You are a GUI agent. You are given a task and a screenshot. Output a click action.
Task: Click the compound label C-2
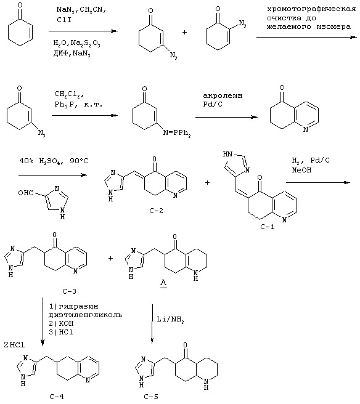click(156, 211)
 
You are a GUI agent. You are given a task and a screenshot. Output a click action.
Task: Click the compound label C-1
click(267, 227)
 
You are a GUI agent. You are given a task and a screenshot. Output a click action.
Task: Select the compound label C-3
click(69, 291)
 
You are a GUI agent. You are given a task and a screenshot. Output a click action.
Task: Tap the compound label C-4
click(57, 397)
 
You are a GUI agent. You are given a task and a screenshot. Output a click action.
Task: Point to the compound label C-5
click(151, 397)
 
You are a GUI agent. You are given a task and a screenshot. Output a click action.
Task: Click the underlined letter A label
click(163, 283)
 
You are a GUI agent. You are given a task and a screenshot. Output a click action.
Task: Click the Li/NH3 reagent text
click(171, 320)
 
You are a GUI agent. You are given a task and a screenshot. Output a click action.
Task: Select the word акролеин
click(223, 96)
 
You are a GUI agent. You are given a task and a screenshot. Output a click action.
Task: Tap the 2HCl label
click(14, 345)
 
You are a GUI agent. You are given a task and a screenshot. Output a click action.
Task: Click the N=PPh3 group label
click(177, 133)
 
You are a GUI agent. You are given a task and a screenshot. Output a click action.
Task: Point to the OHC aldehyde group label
click(25, 193)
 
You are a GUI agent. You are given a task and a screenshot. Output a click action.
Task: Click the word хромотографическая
click(311, 9)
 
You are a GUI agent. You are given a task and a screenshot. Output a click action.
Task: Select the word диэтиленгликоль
click(85, 315)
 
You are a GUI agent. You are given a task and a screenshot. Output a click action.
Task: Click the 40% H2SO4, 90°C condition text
click(54, 161)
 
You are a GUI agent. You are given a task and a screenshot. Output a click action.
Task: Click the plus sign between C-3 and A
click(110, 258)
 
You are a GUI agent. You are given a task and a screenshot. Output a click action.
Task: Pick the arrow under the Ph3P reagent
click(84, 115)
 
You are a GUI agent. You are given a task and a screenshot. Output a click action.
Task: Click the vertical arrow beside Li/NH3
click(152, 324)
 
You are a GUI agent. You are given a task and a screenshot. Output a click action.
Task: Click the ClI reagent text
click(63, 20)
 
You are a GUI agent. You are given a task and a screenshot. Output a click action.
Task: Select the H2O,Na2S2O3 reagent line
click(76, 42)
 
